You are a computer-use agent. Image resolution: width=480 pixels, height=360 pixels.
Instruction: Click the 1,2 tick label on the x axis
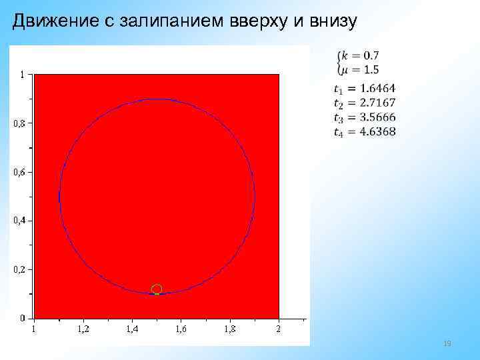84,329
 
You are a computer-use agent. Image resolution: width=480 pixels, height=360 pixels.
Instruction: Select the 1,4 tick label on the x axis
133,329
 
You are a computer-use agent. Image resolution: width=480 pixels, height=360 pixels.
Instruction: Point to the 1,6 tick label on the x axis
181,329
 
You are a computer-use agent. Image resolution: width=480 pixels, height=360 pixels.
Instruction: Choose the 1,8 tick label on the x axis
230,329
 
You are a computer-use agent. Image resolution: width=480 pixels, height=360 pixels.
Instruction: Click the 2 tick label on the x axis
279,329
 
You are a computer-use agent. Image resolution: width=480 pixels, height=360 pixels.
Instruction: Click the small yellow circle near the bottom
157,289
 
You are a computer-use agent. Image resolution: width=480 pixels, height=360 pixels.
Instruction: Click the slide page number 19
447,343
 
